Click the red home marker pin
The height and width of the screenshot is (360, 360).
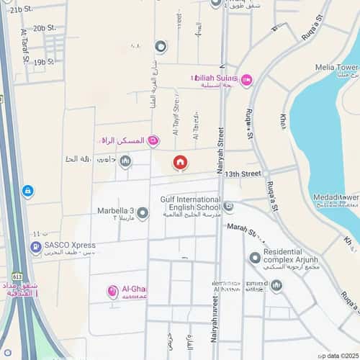click(x=179, y=163)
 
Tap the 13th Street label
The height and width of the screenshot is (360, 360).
click(x=241, y=174)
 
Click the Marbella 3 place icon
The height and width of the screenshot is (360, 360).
click(x=143, y=213)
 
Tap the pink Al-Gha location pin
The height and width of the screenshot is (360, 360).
click(x=113, y=292)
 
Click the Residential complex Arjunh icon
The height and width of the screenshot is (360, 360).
click(x=254, y=258)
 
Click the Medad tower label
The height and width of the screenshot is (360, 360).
click(x=336, y=197)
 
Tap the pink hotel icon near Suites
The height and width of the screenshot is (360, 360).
click(x=246, y=80)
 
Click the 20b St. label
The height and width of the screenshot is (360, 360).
click(x=44, y=27)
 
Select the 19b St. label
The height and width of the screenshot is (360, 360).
click(x=44, y=63)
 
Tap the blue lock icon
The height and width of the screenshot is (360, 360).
click(x=27, y=191)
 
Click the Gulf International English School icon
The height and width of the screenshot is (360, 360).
click(x=228, y=207)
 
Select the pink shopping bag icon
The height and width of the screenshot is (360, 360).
click(x=153, y=141)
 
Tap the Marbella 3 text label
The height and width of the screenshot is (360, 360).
click(x=116, y=212)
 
